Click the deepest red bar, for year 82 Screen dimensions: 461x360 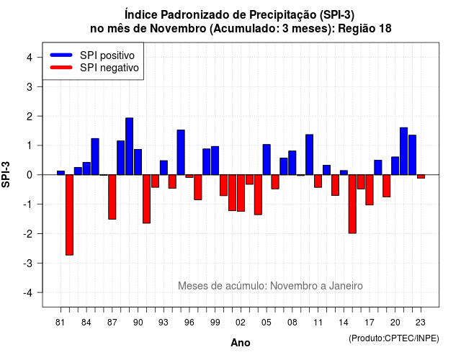tap(69, 215)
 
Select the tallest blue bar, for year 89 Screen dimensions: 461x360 tap(130, 146)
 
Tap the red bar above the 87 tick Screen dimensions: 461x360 tap(112, 197)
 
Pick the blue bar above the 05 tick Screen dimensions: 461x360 tap(267, 160)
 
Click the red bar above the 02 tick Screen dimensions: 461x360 tap(241, 193)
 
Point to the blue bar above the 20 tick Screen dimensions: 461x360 tap(395, 166)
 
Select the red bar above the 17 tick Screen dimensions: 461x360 tap(370, 190)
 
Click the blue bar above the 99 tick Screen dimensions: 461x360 tap(215, 161)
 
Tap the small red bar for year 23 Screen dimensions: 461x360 tap(421, 176)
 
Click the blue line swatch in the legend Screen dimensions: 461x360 tap(61, 55)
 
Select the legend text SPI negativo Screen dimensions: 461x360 tap(109, 68)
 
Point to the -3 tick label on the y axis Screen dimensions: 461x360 tap(29, 264)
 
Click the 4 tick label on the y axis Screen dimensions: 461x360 tap(30, 58)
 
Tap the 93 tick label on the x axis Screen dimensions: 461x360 tap(164, 323)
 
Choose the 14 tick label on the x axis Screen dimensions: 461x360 tap(344, 323)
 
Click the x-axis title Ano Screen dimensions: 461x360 tap(241, 343)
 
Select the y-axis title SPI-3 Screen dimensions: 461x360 tap(6, 174)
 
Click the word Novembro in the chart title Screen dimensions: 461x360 tap(178, 29)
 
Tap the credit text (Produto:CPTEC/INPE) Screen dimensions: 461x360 tap(394, 338)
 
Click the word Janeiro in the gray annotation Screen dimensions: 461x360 tap(346, 286)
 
